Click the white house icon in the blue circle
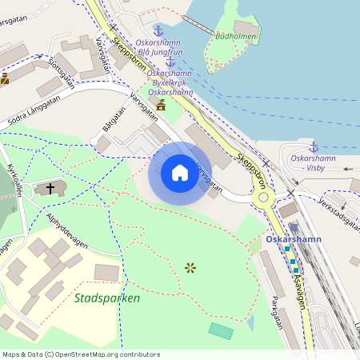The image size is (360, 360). click(180, 173)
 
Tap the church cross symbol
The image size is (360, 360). click(50, 189)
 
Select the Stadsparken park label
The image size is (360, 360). click(106, 298)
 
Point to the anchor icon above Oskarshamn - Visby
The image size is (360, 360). click(314, 147)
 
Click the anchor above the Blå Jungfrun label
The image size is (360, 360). click(158, 30)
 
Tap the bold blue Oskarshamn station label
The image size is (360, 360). click(294, 239)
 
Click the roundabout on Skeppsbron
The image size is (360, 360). click(262, 196)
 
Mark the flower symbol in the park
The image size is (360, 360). click(190, 267)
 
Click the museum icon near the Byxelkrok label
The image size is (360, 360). click(161, 105)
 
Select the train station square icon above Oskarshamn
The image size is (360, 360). click(294, 227)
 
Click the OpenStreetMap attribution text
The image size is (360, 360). click(81, 354)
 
